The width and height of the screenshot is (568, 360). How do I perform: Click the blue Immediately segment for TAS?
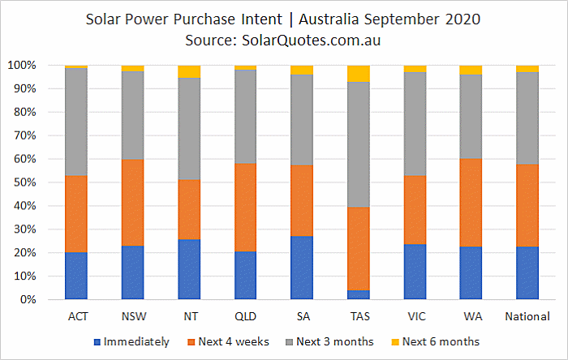coord(358,294)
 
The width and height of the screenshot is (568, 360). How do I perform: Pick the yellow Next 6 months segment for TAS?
coord(358,74)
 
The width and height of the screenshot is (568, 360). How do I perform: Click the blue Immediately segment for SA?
coord(302,268)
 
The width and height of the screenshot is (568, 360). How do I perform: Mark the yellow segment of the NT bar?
coord(189,71)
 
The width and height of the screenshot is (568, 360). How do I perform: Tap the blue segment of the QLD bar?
coord(245,275)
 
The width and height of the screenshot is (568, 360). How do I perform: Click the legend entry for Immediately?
coord(133,341)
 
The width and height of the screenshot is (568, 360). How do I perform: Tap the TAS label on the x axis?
coord(358,315)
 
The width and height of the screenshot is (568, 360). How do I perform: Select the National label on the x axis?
coord(527,315)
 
